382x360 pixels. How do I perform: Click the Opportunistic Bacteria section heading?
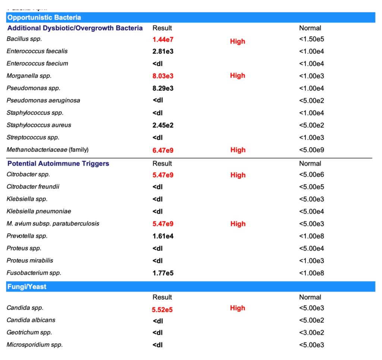pos(44,18)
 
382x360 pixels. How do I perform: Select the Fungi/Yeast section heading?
pos(27,287)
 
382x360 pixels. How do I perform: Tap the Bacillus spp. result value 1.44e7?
pos(163,39)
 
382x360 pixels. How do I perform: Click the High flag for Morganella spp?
pos(238,76)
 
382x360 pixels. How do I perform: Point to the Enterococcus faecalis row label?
pos(37,51)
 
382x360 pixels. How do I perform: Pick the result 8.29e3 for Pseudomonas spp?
pos(163,89)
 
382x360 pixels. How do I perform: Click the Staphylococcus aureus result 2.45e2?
pos(163,125)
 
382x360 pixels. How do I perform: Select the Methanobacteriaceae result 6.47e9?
pos(163,150)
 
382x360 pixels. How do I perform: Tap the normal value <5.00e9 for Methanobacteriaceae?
pos(311,150)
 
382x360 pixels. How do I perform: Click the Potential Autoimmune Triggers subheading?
pos(58,164)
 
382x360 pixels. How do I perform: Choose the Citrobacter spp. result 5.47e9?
pos(163,175)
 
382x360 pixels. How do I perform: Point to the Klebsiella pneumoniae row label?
pos(39,211)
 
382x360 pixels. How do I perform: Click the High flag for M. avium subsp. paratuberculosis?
pos(238,224)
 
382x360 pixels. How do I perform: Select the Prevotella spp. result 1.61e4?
pos(163,236)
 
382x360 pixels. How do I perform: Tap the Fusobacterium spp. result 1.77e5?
pos(163,273)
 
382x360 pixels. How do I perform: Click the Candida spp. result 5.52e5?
pos(162,310)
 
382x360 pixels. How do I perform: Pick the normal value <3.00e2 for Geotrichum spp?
pos(311,332)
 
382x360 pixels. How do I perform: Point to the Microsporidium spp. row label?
pos(35,345)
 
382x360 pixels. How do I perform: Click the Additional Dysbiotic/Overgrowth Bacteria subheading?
pos(75,28)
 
